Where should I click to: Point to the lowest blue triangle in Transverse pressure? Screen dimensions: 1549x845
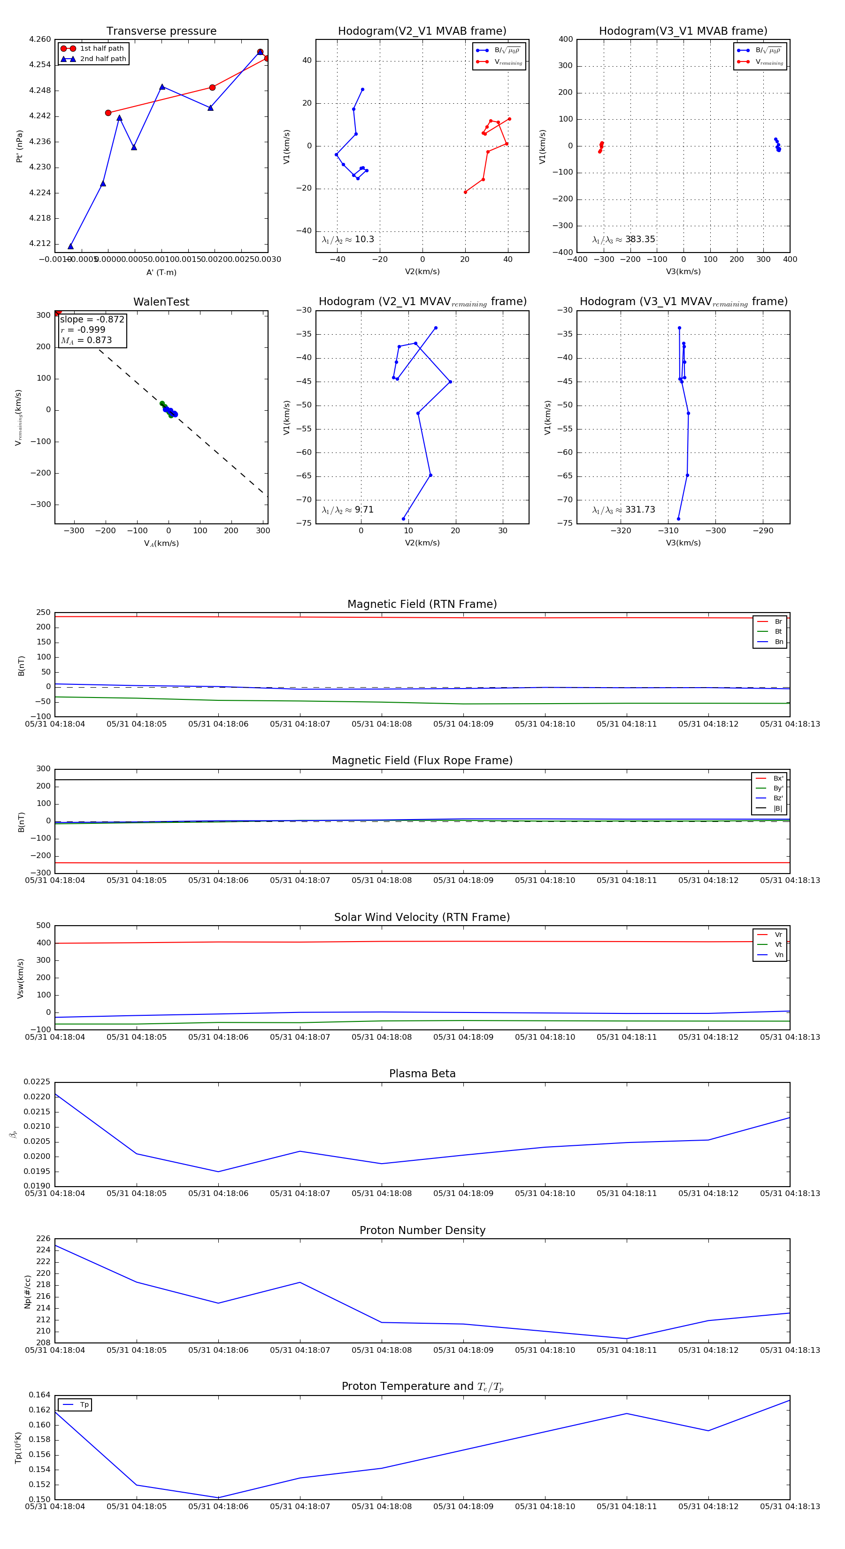[71, 246]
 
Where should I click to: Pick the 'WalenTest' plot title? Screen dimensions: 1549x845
[161, 302]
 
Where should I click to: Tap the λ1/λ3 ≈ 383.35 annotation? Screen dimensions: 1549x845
[624, 239]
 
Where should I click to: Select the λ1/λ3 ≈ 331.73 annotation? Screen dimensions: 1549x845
[624, 510]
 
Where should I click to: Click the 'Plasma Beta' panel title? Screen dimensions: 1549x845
[422, 1074]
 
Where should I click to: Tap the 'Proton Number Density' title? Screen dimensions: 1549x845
[422, 1230]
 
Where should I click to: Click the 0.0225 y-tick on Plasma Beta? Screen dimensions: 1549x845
[37, 1082]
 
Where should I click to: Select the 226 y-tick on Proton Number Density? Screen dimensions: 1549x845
[43, 1238]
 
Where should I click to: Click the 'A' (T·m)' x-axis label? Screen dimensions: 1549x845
[161, 272]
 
